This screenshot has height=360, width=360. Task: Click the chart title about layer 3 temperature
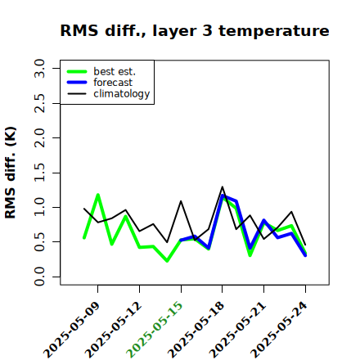tap(195, 30)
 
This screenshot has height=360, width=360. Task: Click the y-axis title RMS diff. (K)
tap(11, 173)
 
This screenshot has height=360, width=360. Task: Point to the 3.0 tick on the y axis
tap(39, 68)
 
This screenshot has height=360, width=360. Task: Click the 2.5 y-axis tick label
tap(39, 103)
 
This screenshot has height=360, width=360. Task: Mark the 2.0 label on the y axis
tap(39, 137)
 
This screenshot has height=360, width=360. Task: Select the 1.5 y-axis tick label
tap(39, 173)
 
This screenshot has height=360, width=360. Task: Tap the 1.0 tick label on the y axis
tap(39, 207)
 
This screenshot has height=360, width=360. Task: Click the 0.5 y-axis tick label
tap(39, 242)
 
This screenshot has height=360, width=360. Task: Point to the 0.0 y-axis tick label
tap(39, 277)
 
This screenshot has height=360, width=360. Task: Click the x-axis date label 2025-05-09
tap(72, 330)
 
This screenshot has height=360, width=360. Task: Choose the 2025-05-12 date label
tap(114, 330)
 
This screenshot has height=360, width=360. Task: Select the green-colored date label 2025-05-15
tap(155, 330)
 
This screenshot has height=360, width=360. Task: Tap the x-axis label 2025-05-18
tap(197, 330)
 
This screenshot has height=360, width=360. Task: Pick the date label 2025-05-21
tap(238, 330)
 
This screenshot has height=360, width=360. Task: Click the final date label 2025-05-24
tap(280, 330)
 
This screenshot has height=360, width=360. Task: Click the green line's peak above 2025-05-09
tap(98, 195)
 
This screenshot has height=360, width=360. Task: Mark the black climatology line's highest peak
tap(223, 187)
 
